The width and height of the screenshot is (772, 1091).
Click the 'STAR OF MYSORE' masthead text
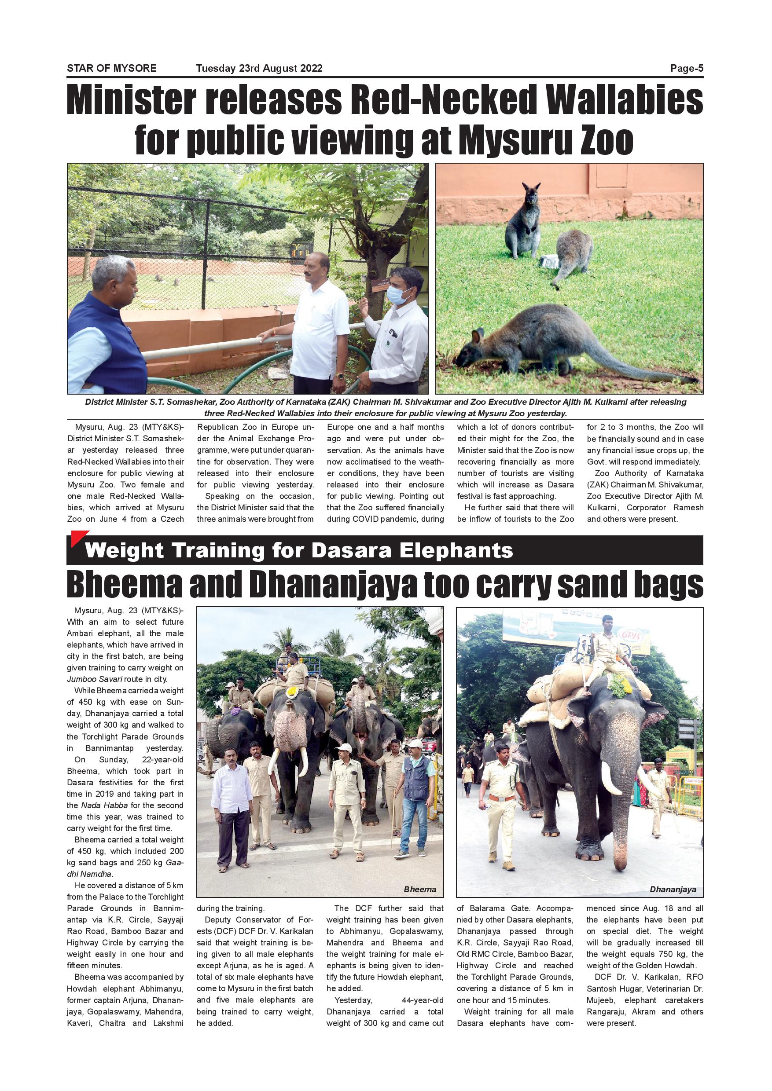tap(112, 69)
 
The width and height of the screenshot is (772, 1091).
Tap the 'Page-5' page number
tap(687, 69)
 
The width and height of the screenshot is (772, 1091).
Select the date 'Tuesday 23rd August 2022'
tap(259, 69)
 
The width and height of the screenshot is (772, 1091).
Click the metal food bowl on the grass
tap(550, 261)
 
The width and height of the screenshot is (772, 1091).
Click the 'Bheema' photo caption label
tap(420, 889)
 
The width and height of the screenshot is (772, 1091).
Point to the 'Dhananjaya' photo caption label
tap(673, 889)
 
